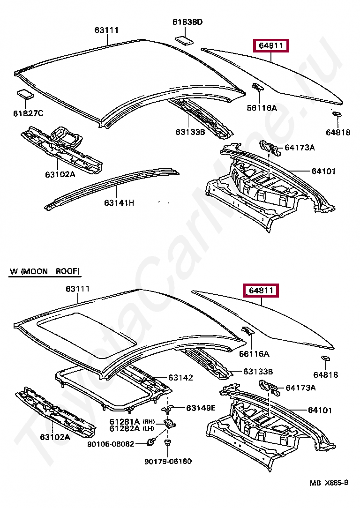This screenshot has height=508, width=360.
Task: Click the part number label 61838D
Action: click(x=187, y=22)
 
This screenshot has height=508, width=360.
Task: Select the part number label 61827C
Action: click(x=28, y=113)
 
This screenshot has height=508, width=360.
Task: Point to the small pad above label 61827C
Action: click(x=24, y=94)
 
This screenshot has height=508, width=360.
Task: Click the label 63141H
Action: click(x=119, y=203)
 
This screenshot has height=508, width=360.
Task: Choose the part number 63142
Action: click(x=180, y=378)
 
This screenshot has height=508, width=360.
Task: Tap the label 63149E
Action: click(x=201, y=408)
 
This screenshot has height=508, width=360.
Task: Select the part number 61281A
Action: click(x=125, y=421)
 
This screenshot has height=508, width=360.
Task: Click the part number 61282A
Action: click(x=125, y=428)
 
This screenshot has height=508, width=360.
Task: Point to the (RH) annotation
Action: click(x=149, y=421)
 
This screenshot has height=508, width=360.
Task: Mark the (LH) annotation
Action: click(x=149, y=428)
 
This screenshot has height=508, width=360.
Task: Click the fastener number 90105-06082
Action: click(x=111, y=444)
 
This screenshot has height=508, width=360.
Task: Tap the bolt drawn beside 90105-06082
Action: click(x=151, y=441)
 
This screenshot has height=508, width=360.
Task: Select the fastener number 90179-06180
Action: click(x=168, y=461)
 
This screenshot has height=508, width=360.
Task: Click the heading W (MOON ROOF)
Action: click(x=45, y=271)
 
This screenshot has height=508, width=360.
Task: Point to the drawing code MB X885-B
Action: click(x=329, y=483)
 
